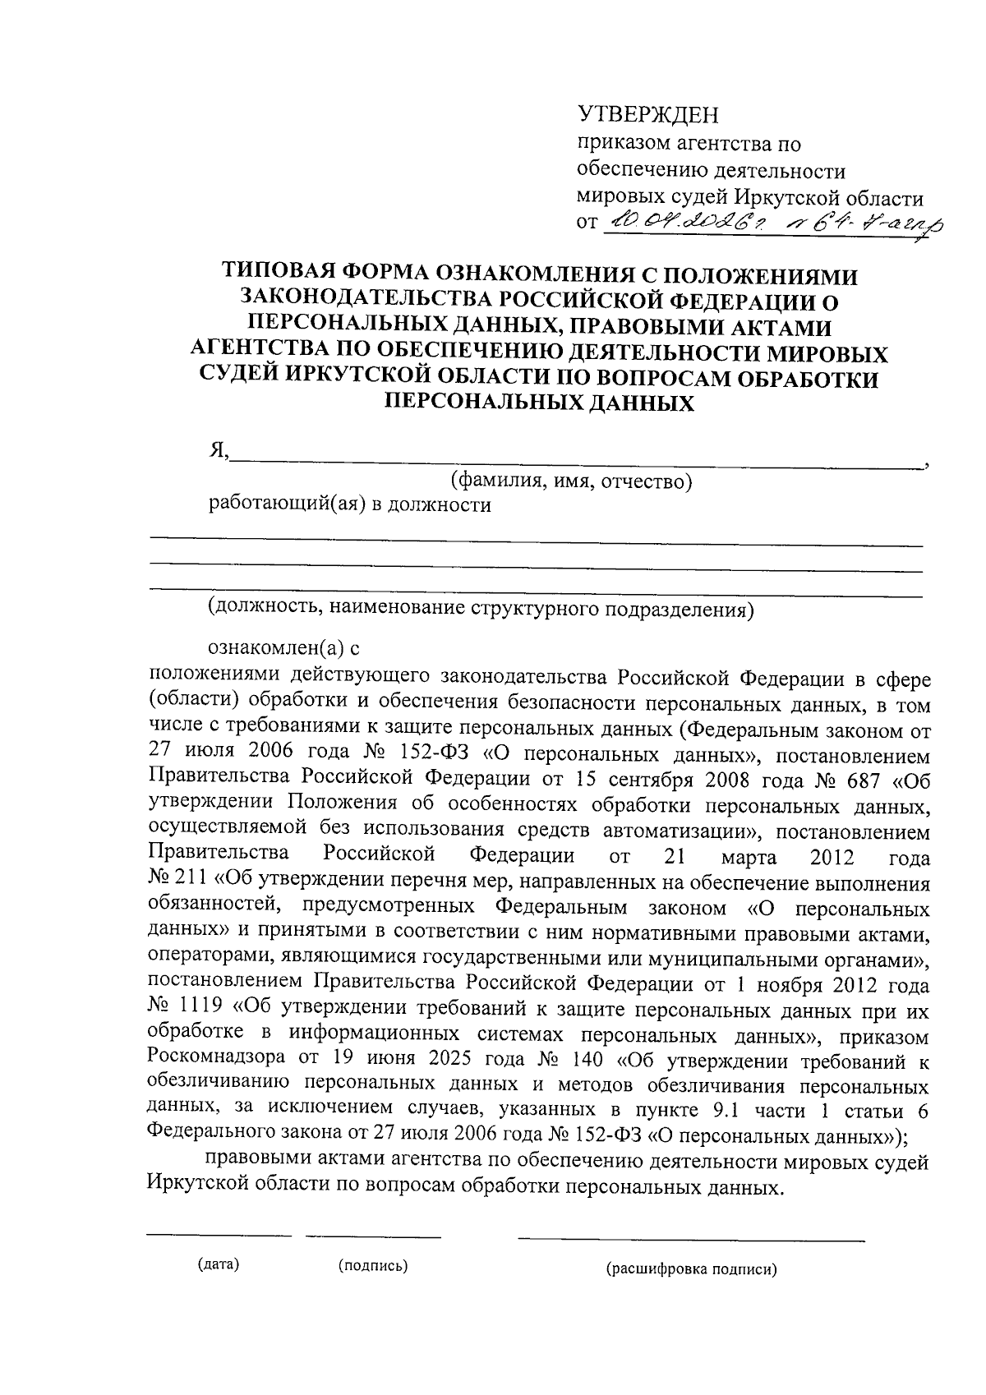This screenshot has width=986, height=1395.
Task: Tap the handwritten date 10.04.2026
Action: pyautogui.click(x=686, y=220)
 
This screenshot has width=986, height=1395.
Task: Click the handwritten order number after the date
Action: pyautogui.click(x=863, y=220)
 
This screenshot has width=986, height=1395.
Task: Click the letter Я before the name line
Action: pyautogui.click(x=217, y=451)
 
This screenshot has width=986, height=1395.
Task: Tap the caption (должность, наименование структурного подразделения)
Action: pyautogui.click(x=480, y=609)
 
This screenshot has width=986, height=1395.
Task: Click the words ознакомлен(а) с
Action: pyautogui.click(x=284, y=649)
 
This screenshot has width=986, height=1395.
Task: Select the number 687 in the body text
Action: pyautogui.click(x=845, y=780)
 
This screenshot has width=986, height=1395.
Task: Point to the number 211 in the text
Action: pyautogui.click(x=192, y=884)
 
